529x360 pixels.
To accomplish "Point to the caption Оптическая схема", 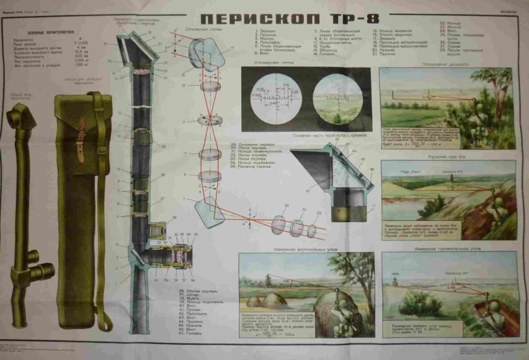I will (x=202, y=29).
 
